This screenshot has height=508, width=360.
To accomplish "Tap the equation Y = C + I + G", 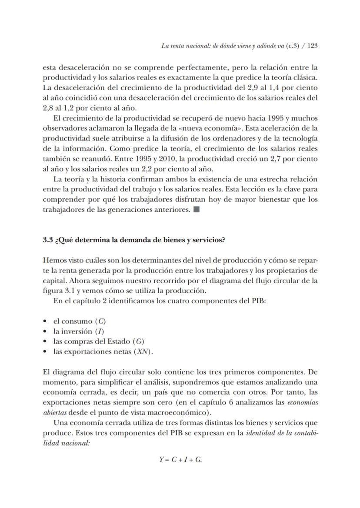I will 180,460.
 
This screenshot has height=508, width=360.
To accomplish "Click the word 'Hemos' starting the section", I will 54,261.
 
